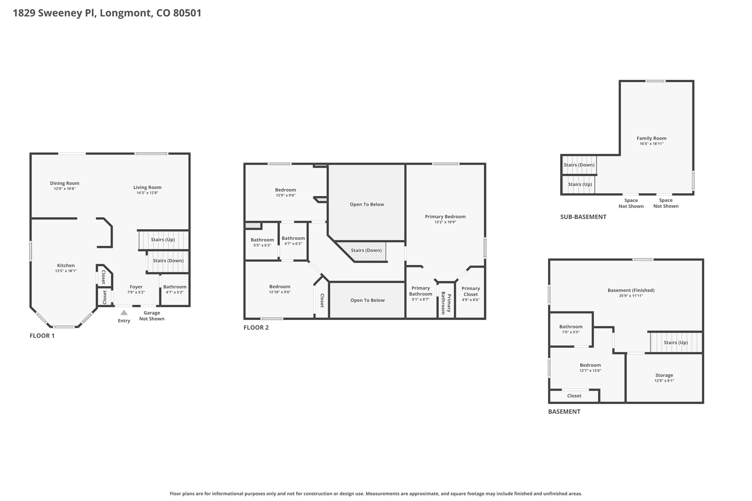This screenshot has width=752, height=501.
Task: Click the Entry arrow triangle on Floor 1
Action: [x=124, y=313]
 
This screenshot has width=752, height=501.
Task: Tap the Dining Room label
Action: [x=65, y=183]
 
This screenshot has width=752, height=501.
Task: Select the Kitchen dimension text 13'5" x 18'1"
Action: [x=66, y=271]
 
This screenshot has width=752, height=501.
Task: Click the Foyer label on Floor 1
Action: [x=136, y=287]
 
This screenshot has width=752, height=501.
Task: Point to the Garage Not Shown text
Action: [x=152, y=316]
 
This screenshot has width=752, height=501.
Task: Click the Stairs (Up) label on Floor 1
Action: [x=163, y=239]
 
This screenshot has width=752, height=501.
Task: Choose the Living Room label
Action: [x=147, y=187]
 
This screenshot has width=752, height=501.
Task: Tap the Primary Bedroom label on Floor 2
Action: [x=445, y=217]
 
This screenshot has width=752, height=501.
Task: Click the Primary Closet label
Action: [x=470, y=291]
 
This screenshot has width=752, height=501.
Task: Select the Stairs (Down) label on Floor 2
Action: [x=366, y=250]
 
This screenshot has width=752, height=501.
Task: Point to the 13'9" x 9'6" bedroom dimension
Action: [x=285, y=195]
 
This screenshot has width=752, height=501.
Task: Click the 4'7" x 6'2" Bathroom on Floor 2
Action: [x=293, y=240]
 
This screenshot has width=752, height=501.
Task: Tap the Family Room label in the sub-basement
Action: [x=651, y=138]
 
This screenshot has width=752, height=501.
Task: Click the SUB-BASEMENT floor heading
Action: [x=583, y=217]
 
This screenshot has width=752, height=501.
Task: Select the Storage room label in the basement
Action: [x=664, y=375]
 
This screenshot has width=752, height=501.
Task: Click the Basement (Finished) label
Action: [x=631, y=290]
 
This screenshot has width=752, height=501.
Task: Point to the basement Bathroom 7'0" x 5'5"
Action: [x=571, y=329]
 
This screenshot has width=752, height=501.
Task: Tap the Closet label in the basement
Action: [x=574, y=396]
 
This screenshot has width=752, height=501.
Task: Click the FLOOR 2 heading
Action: [x=256, y=327]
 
